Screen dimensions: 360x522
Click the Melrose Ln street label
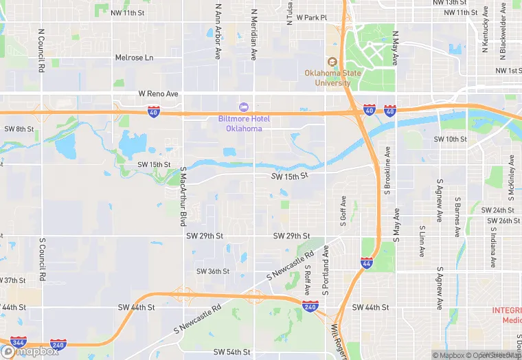point(134,58)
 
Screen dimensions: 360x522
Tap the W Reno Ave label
point(158,93)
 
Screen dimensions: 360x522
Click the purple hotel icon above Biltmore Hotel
point(242,106)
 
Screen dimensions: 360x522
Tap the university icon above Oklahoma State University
point(332,62)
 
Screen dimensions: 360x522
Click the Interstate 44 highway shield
point(367,262)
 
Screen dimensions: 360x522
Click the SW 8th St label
point(19,128)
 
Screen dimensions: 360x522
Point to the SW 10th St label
point(450,139)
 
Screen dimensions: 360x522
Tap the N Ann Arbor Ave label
point(218,31)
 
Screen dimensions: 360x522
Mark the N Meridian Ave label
point(254,34)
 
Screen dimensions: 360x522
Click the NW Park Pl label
point(307,18)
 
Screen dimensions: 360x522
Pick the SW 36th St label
point(213,271)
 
